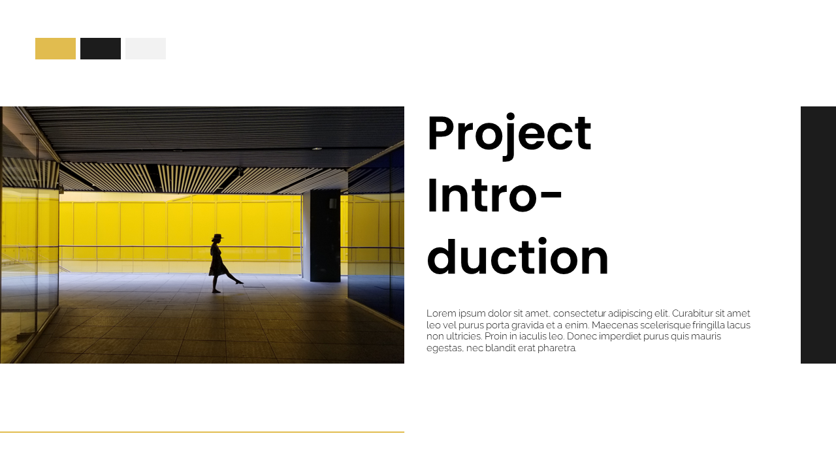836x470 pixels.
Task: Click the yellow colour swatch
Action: (56, 49)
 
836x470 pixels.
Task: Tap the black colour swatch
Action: (101, 49)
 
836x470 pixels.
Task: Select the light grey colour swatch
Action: (146, 49)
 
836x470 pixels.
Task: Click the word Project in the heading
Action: (509, 134)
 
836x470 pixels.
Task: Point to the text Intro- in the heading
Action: (494, 195)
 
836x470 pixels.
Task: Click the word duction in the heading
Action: (517, 257)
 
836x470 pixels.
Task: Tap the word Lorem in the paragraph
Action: (441, 313)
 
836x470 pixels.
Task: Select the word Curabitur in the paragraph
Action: (693, 313)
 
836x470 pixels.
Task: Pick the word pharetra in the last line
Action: (557, 349)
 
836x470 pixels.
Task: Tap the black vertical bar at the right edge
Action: (818, 235)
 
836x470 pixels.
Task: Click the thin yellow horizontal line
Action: (202, 432)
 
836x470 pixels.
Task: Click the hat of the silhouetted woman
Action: (217, 236)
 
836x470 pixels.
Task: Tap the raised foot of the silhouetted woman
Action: (240, 282)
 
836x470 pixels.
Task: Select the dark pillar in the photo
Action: (325, 235)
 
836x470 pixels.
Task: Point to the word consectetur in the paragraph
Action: (583, 313)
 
